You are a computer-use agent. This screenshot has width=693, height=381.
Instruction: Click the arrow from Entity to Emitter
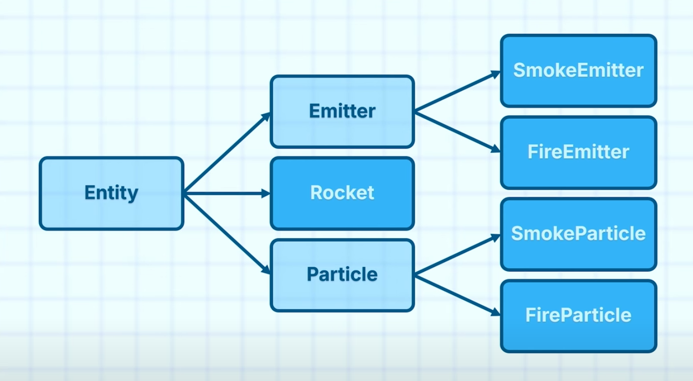[x=226, y=153]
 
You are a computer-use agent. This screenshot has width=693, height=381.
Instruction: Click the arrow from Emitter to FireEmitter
[x=457, y=131]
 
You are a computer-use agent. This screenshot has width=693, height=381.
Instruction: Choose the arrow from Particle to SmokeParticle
[x=457, y=256]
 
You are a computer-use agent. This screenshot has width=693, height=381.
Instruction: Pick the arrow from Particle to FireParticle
[x=457, y=295]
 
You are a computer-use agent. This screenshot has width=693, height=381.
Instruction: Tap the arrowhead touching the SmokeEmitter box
[x=496, y=74]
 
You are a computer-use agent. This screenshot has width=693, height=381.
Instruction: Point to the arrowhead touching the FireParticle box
[x=496, y=313]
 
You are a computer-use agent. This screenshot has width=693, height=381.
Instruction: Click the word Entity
[x=111, y=192]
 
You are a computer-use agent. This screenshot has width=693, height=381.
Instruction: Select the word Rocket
[x=342, y=192]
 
